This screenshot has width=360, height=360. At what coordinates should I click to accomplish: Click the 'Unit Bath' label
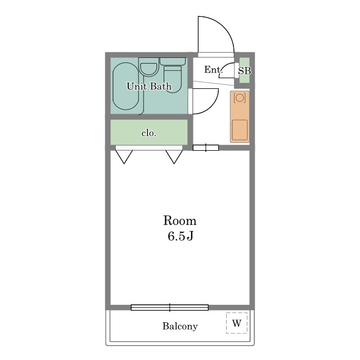pos(149,86)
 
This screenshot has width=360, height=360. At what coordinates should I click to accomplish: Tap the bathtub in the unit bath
pos(126,86)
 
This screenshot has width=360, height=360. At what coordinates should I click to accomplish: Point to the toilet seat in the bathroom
pos(173,79)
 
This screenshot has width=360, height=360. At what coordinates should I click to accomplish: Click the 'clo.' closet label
pos(149,133)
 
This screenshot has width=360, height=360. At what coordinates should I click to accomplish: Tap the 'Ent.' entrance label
pos(213,70)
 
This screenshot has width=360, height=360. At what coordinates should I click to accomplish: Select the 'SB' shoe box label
pos(244,71)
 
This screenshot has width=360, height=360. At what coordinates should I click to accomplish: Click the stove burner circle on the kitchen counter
pos(240,98)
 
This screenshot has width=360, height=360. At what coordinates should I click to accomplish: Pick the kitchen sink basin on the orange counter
pos(240,130)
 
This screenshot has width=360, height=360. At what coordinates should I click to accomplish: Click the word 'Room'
pos(180,220)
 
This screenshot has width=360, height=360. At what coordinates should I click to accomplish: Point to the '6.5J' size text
pos(180,236)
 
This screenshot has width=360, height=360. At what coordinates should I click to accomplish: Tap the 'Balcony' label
pos(180,326)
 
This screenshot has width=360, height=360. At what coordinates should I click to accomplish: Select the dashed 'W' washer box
pos(237,322)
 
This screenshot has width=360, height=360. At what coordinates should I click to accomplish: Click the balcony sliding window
pos(170,308)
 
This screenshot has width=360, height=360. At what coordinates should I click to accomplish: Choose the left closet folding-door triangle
pos(124,157)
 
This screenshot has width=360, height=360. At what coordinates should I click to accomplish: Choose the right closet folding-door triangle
pos(174,157)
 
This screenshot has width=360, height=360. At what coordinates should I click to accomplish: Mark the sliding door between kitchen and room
pos(206,147)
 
